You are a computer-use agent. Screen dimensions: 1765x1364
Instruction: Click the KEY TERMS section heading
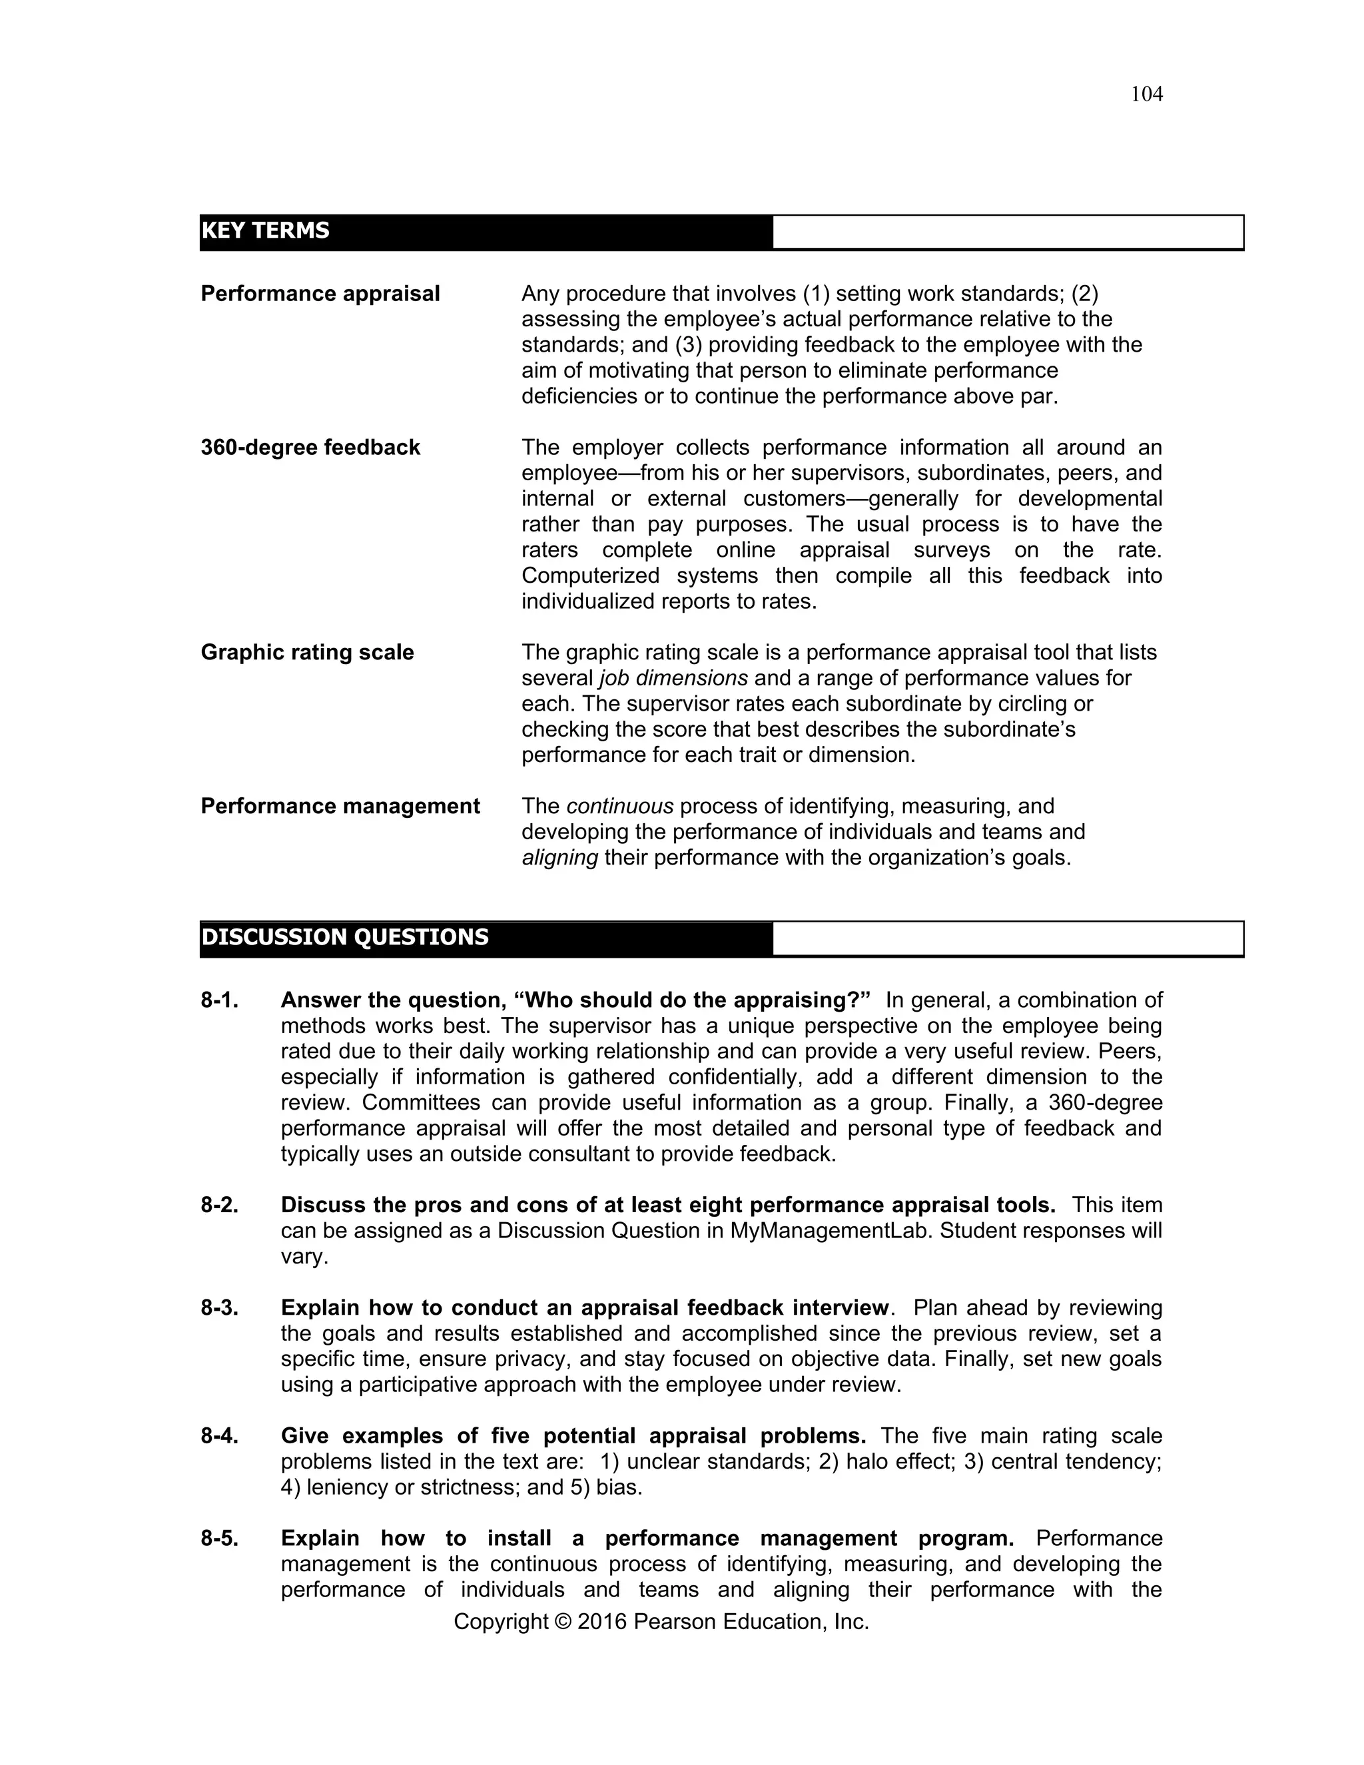click(x=265, y=231)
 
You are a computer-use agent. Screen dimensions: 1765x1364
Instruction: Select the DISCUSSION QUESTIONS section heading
click(x=345, y=938)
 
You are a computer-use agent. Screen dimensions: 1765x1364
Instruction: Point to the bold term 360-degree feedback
click(x=310, y=448)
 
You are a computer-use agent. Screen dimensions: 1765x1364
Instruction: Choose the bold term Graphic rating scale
click(x=307, y=652)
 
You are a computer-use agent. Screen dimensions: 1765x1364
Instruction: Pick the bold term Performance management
click(x=340, y=806)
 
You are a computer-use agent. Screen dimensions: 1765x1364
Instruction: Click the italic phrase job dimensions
click(x=673, y=678)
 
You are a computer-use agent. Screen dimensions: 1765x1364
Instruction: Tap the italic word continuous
click(x=620, y=806)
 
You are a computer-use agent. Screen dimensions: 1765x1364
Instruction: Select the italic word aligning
click(x=559, y=857)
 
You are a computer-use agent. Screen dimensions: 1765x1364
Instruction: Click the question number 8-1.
click(x=219, y=1000)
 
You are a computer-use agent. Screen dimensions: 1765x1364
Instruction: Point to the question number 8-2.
click(x=219, y=1205)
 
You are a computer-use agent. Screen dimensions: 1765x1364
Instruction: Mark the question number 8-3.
click(x=219, y=1307)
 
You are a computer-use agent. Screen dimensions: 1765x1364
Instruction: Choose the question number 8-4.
click(x=219, y=1436)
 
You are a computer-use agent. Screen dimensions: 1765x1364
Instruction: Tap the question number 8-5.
click(x=219, y=1538)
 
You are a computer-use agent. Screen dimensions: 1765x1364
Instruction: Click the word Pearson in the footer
click(x=671, y=1622)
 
